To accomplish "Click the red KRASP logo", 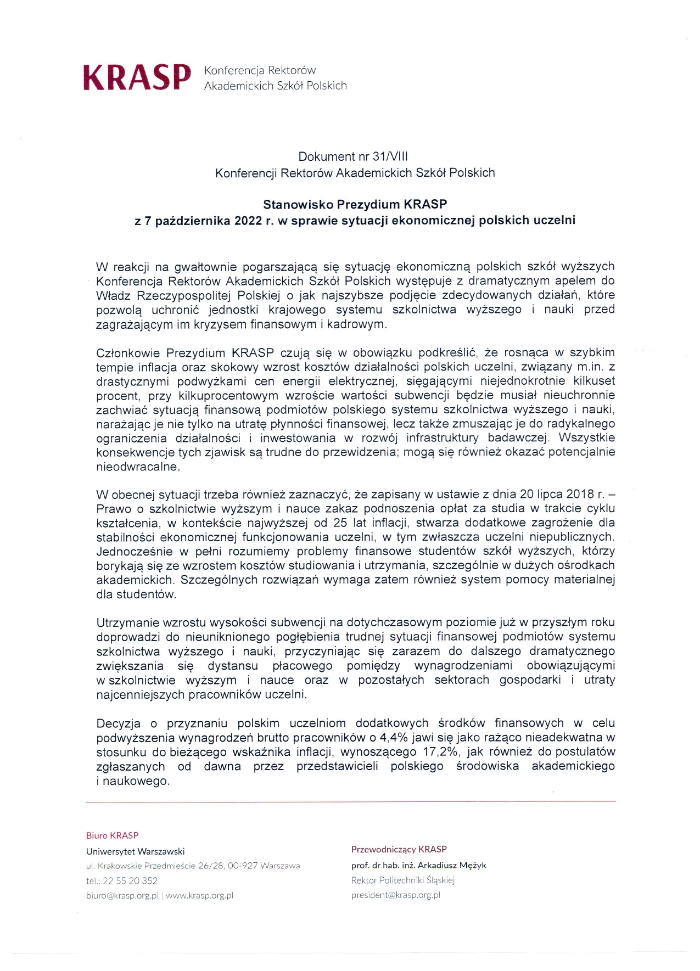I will [137, 77].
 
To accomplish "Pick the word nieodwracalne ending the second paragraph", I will [138, 467].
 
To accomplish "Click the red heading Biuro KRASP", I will [112, 835].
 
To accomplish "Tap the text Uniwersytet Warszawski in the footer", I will [135, 851].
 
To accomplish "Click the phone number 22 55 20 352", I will [130, 880].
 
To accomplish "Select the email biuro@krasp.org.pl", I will [122, 895].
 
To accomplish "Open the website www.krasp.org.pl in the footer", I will [199, 895].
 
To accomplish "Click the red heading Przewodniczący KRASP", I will [399, 849].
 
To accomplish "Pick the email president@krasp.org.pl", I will [395, 895].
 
